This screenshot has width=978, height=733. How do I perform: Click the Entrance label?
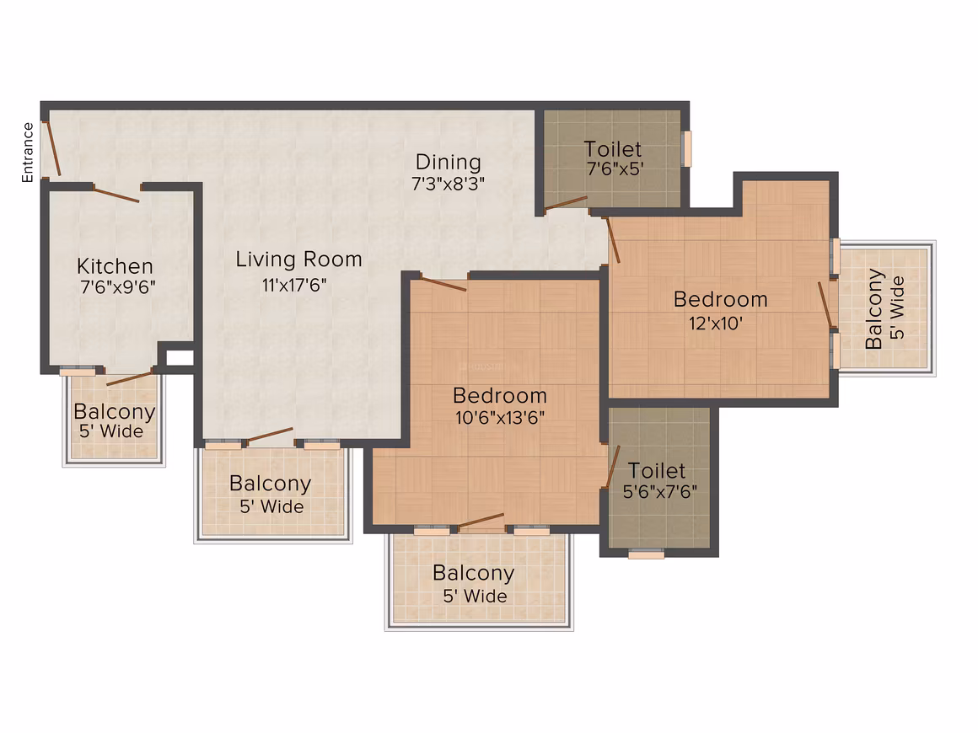[x=28, y=152]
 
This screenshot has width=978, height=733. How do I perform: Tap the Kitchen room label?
[x=115, y=266]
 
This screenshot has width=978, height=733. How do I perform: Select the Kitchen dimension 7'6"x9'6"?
[x=118, y=287]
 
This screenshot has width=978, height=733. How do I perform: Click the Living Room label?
[x=298, y=259]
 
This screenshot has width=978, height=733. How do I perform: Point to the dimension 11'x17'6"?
[x=294, y=286]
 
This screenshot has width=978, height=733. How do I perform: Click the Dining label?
[x=449, y=162]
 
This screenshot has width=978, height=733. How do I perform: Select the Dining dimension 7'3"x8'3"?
[x=448, y=184]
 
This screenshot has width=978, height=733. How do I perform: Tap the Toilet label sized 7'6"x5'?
[x=612, y=149]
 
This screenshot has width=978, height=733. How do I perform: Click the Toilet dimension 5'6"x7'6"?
[x=660, y=492]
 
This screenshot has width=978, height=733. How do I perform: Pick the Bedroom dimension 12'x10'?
[x=716, y=324]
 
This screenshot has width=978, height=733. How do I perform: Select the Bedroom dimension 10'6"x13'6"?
[x=500, y=418]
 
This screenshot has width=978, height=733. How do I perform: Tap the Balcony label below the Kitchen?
[x=115, y=412]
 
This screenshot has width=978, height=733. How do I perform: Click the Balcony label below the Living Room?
[x=270, y=484]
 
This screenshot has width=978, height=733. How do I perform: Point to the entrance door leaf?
[x=51, y=148]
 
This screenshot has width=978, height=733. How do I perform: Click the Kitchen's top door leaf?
[x=116, y=193]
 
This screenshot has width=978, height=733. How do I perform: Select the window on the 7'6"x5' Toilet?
[x=687, y=148]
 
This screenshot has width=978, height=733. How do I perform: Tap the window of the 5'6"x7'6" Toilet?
[x=646, y=553]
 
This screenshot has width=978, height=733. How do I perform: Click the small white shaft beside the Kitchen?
[x=180, y=358]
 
